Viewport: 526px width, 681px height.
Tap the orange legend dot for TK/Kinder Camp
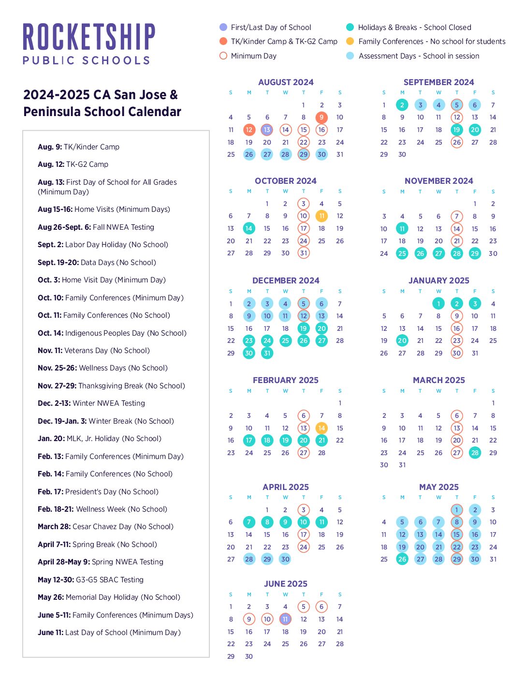[223, 41]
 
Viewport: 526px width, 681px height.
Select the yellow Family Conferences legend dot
[350, 41]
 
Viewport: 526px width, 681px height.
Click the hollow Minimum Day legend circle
[223, 56]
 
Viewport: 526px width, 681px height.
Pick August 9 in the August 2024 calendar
[321, 117]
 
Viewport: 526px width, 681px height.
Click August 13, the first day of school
[267, 130]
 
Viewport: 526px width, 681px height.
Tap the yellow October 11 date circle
[321, 216]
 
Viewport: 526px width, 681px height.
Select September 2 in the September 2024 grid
[402, 105]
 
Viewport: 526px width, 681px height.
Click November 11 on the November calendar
[402, 228]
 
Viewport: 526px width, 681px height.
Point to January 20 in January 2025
[402, 340]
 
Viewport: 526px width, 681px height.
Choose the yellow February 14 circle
[321, 428]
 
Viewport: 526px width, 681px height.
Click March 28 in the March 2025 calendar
[475, 453]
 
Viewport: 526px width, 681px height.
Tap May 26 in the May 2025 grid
[402, 559]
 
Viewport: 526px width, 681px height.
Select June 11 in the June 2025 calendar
[285, 619]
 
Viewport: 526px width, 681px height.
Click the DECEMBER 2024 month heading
[286, 281]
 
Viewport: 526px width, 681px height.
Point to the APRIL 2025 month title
[286, 487]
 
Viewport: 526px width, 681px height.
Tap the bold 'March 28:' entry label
[54, 527]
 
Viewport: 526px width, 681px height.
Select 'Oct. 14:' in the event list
[50, 333]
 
